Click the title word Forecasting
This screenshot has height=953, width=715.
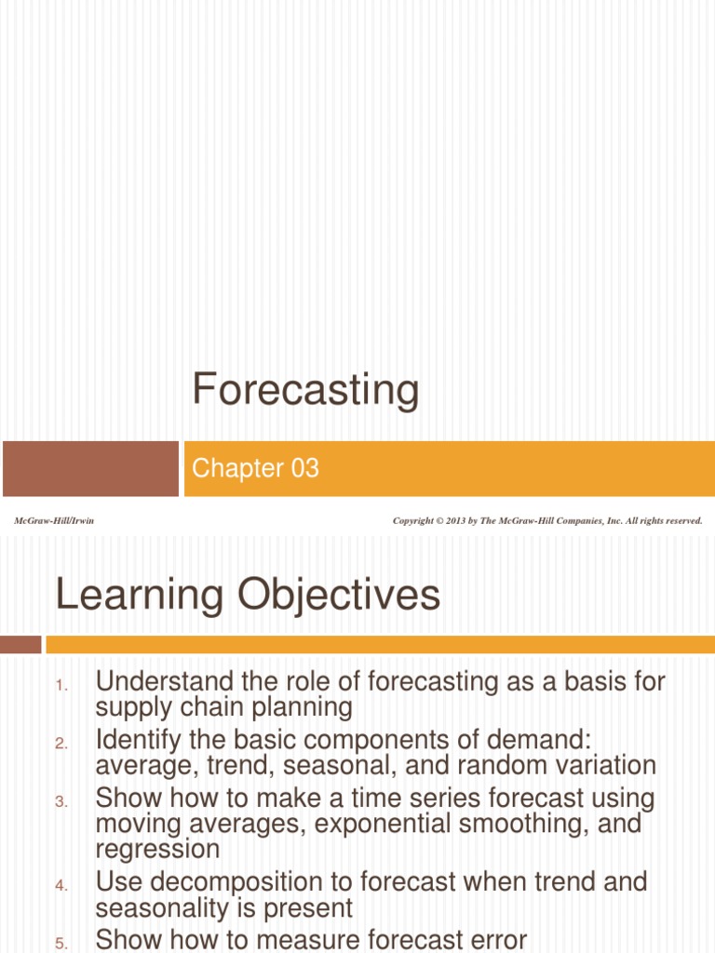coord(305,390)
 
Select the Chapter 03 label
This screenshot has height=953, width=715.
coord(255,468)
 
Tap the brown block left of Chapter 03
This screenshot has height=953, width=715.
coord(90,468)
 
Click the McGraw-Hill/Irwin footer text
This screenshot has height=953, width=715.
coord(54,521)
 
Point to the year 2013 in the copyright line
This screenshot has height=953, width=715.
coord(454,521)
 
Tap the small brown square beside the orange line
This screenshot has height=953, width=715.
coord(20,644)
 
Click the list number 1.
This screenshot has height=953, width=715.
coord(61,687)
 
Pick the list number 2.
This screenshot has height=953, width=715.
coord(61,744)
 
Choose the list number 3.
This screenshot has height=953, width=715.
coord(61,802)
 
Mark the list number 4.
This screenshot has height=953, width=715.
coord(61,887)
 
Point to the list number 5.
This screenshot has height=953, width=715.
coord(61,942)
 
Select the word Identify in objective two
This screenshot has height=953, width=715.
coord(138,740)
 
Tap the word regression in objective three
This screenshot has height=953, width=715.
coord(157,849)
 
